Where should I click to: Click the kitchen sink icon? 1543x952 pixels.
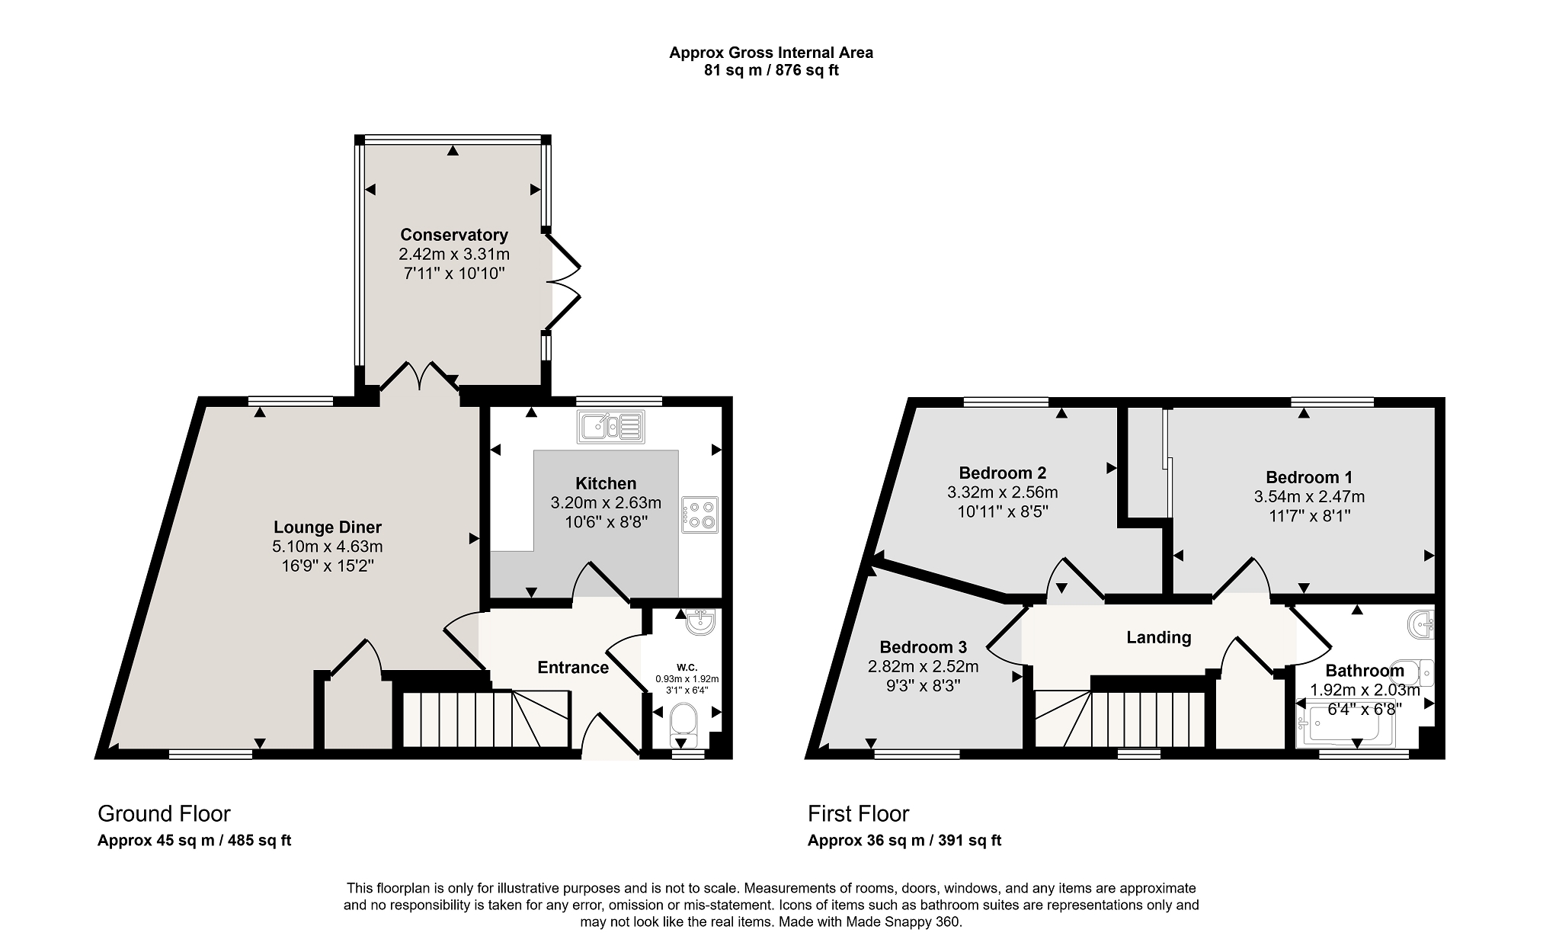coord(611,427)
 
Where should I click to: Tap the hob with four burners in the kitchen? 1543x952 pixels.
coord(700,514)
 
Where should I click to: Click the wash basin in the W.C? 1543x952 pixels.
coord(699,623)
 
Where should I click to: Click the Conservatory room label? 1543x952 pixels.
coord(454,235)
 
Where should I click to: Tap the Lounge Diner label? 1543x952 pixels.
coord(328,527)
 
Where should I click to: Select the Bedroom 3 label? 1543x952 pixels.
coord(923,647)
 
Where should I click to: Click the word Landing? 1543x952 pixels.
coord(1159,637)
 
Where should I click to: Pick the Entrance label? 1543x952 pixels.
coord(573,668)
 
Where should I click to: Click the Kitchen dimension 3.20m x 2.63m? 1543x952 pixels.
coord(606,503)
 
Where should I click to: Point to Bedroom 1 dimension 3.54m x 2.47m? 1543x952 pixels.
coord(1309,497)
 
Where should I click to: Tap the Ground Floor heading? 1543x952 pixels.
coord(164,814)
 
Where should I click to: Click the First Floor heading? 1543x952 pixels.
coord(859,814)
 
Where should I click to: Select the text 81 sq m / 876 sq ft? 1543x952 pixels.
coord(771,71)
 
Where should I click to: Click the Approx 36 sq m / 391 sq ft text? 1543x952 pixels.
coord(904,841)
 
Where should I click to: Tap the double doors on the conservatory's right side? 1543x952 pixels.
coord(564,283)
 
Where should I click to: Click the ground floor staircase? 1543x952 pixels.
coord(485,719)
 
